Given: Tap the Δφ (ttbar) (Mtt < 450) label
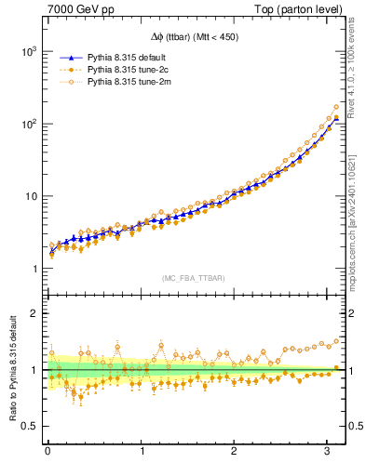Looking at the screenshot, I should pyautogui.click(x=195, y=38).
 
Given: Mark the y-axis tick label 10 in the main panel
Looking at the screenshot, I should pyautogui.click(x=30, y=196).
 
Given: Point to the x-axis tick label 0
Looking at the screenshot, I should pyautogui.click(x=47, y=453).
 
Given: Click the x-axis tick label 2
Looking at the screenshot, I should pyautogui.click(x=235, y=453).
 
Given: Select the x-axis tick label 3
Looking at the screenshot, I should pyautogui.click(x=328, y=453).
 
